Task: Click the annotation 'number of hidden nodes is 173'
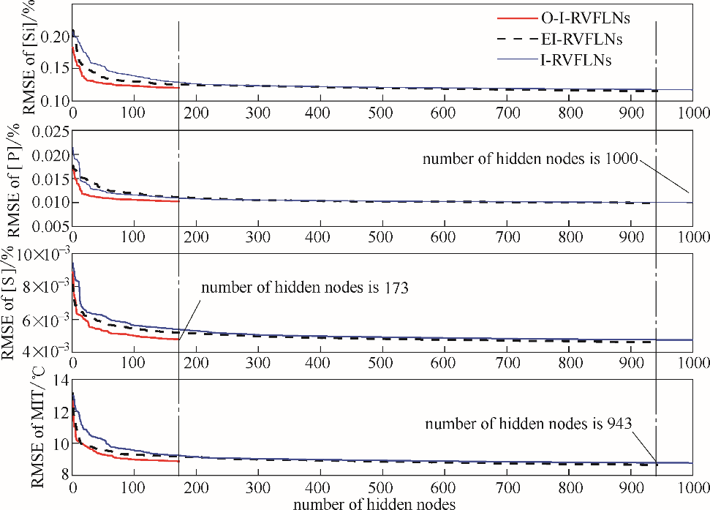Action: (303, 288)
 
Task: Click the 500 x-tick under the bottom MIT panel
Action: (379, 488)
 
